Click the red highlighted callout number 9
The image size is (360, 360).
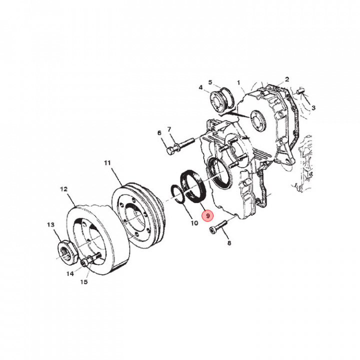[x=207, y=216]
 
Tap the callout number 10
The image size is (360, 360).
[x=194, y=223]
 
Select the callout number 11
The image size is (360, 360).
[x=107, y=163]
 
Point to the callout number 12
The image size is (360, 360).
[x=64, y=189]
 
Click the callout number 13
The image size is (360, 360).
[x=50, y=224]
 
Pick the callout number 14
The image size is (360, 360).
[x=70, y=273]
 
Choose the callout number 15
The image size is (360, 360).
[x=84, y=281]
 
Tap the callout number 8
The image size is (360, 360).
[x=229, y=242]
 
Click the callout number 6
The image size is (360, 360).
[x=159, y=133]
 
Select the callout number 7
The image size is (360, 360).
[x=169, y=129]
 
